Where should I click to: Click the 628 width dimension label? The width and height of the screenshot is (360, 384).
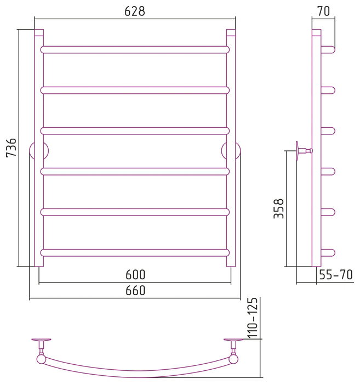pyautogui.click(x=135, y=11)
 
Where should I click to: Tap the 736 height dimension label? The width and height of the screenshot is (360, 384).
pyautogui.click(x=12, y=148)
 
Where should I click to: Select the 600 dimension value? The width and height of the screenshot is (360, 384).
pyautogui.click(x=135, y=274)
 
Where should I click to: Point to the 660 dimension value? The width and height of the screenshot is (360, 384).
pyautogui.click(x=135, y=290)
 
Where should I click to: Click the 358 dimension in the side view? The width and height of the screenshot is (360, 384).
pyautogui.click(x=279, y=208)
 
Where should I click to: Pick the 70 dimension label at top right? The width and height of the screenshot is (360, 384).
pyautogui.click(x=323, y=11)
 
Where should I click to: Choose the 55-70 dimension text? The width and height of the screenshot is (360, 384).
pyautogui.click(x=336, y=275)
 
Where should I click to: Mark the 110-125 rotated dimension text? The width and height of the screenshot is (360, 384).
pyautogui.click(x=253, y=318)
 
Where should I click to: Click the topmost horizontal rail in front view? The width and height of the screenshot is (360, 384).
pyautogui.click(x=135, y=50)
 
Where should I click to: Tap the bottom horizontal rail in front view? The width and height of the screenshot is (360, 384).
pyautogui.click(x=135, y=253)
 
